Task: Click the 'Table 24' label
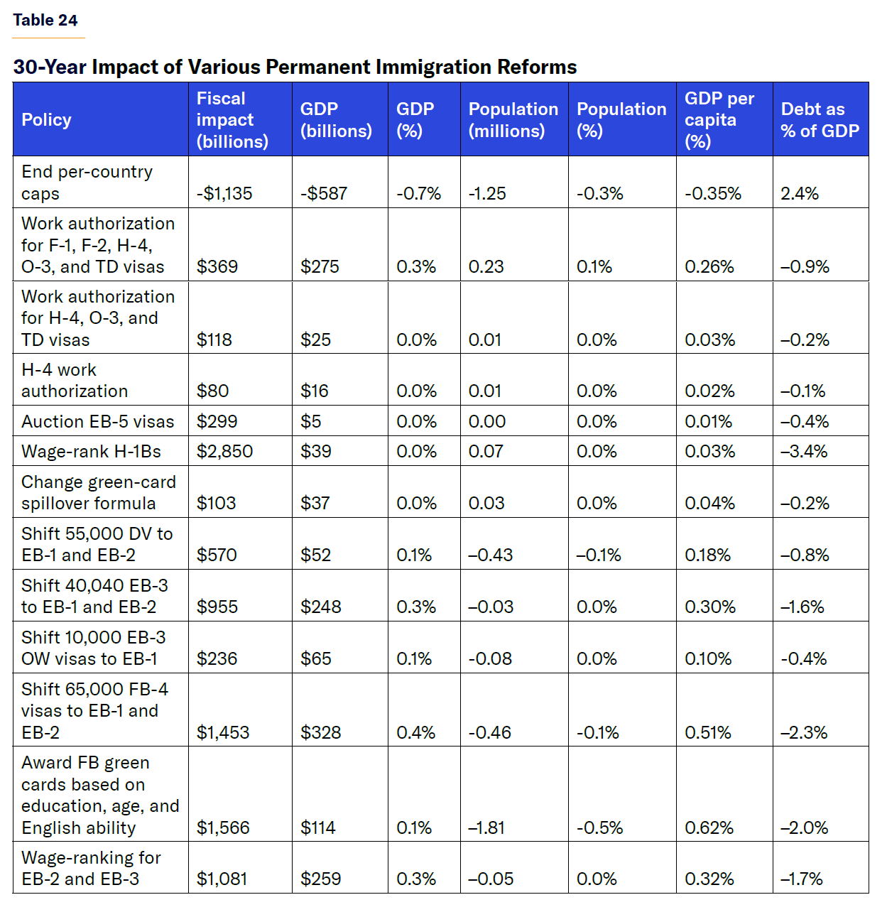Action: click(45, 20)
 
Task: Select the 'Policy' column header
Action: click(46, 119)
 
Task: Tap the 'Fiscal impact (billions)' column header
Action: click(232, 119)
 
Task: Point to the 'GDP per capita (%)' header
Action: click(719, 119)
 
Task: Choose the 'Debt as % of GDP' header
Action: click(820, 119)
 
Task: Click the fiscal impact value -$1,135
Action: click(224, 193)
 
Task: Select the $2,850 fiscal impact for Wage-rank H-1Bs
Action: click(224, 451)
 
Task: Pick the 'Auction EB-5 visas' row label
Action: click(97, 421)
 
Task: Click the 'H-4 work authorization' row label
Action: click(74, 380)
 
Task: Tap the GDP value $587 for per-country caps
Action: click(324, 193)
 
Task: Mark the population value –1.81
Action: click(486, 827)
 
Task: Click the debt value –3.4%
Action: click(804, 451)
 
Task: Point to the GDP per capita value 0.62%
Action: click(709, 827)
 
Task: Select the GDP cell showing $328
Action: click(320, 732)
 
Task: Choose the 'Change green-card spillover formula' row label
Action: click(98, 492)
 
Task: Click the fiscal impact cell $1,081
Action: click(222, 879)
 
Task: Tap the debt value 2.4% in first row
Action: click(800, 193)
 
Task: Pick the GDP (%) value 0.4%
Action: click(415, 732)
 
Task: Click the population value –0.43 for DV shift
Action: click(490, 555)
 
